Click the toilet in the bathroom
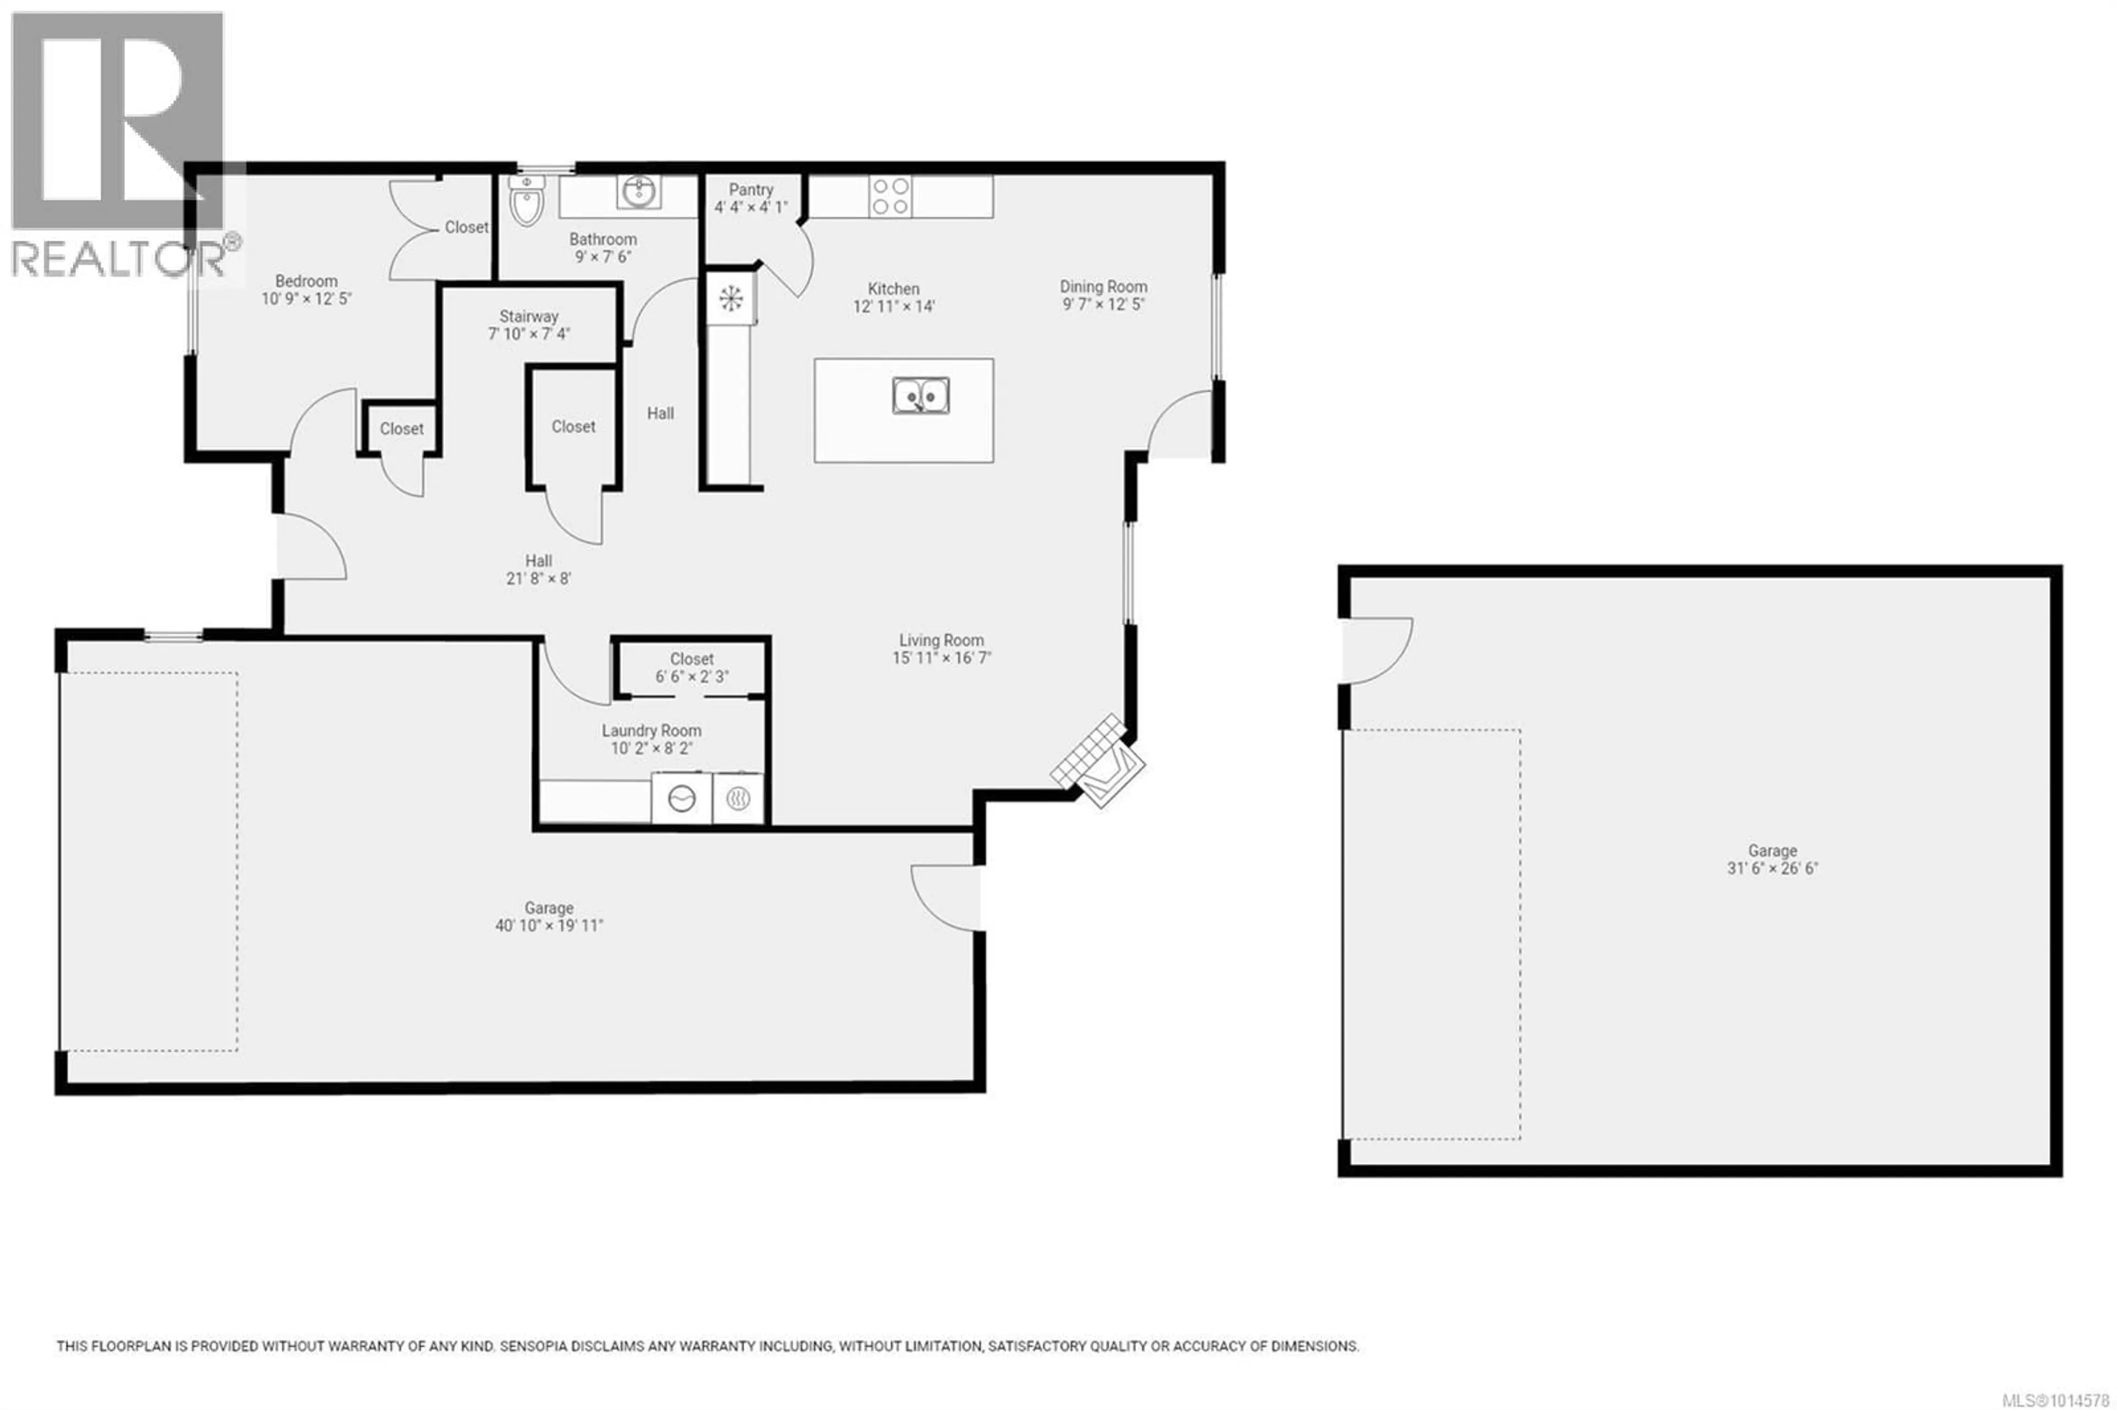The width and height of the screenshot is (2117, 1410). (526, 199)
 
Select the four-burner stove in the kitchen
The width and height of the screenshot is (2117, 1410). (889, 196)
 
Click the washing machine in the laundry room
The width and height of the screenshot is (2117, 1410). (681, 798)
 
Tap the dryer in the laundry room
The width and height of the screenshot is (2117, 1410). (738, 798)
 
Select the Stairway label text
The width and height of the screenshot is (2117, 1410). (529, 316)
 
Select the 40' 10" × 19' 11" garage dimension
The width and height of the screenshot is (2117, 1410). (549, 925)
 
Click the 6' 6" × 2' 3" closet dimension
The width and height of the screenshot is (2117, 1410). (691, 676)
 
